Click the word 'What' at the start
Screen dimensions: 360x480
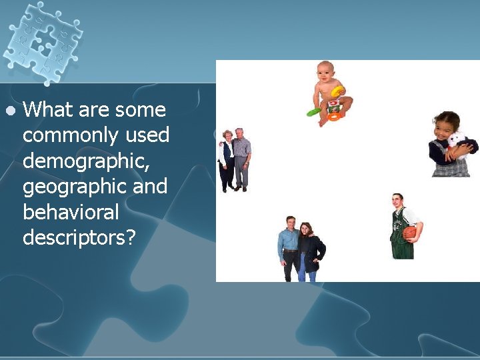51,109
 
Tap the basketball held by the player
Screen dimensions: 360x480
409,233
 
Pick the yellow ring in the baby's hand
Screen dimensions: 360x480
338,91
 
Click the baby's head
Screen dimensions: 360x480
325,70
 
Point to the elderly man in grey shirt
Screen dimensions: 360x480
241,159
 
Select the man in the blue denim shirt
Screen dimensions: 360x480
289,247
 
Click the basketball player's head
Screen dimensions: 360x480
398,200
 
